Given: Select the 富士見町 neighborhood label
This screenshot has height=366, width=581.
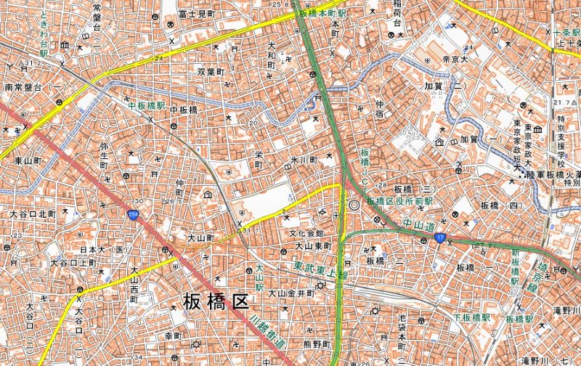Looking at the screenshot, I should [x=196, y=14].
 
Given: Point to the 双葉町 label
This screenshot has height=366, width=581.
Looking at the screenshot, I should [x=211, y=73].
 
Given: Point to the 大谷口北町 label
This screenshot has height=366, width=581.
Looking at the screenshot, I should [x=33, y=214].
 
